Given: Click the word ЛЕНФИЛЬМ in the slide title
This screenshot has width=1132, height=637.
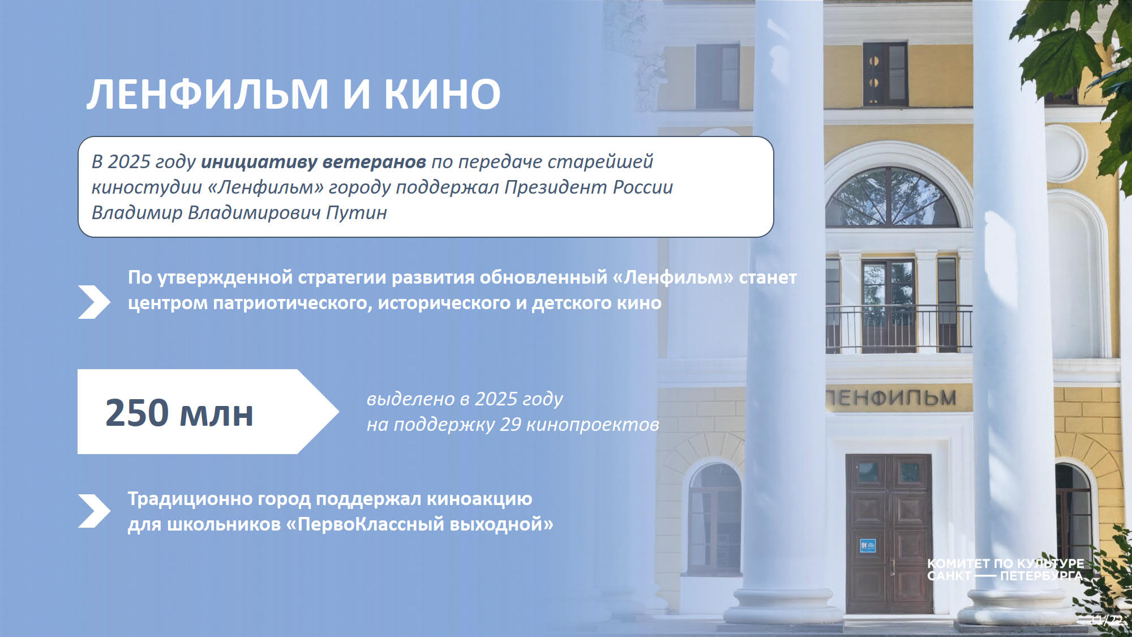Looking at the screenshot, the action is (x=207, y=93).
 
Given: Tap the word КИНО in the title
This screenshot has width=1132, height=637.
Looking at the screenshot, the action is (x=443, y=93).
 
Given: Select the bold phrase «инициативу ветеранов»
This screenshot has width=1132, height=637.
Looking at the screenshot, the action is (x=314, y=162).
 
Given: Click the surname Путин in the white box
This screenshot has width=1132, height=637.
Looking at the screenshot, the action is (x=357, y=213).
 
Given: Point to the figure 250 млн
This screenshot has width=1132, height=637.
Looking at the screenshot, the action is (x=179, y=412).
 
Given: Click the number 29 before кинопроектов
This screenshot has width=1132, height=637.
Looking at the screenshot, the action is (x=510, y=424).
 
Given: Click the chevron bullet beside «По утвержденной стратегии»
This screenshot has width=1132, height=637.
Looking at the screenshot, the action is (x=94, y=302).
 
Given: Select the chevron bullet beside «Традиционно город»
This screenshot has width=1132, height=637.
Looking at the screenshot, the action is (x=94, y=511).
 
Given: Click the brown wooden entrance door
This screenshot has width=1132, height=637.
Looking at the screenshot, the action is (x=889, y=533).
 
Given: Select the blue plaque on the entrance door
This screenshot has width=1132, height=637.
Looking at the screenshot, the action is (x=868, y=545).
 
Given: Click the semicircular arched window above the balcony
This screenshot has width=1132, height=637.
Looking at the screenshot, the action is (x=892, y=198).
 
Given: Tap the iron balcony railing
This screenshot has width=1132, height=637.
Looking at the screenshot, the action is (x=899, y=329).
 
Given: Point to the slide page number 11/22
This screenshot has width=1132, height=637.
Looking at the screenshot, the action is (x=1107, y=620).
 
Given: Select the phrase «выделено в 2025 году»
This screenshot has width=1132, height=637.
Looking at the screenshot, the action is (x=465, y=399).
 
